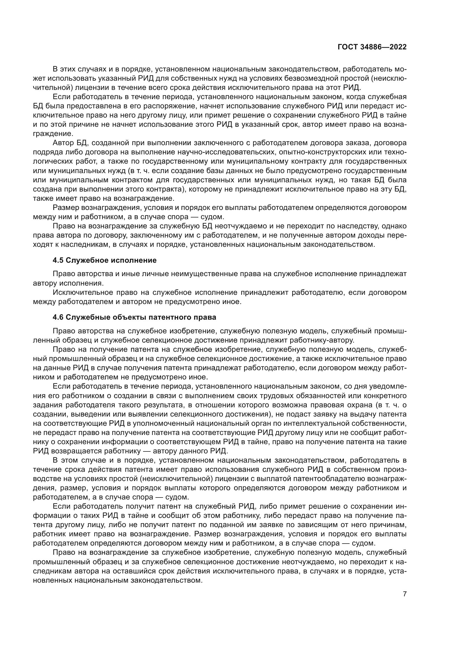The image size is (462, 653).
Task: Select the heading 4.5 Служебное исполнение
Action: pyautogui.click(x=104, y=260)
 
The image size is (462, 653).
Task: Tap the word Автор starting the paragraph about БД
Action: pyautogui.click(x=63, y=143)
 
